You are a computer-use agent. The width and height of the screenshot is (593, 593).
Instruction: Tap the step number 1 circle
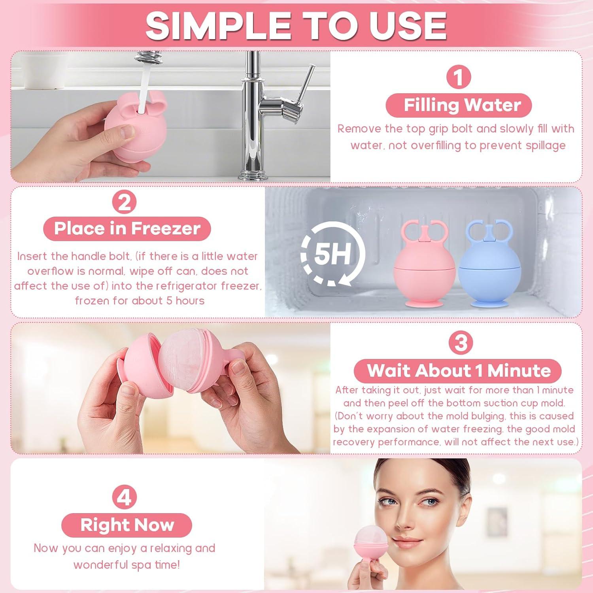[x=458, y=77]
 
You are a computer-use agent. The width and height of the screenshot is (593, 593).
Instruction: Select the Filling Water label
[x=459, y=105]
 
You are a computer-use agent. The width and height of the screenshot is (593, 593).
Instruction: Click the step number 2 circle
[x=125, y=203]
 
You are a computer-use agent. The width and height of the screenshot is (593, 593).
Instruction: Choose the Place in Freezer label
[x=127, y=229]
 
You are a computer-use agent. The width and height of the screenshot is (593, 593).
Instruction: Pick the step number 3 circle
[x=461, y=343]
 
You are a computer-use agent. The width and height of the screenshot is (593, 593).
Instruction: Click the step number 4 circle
[x=125, y=497]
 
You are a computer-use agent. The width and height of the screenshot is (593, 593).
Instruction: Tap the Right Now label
[x=127, y=525]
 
